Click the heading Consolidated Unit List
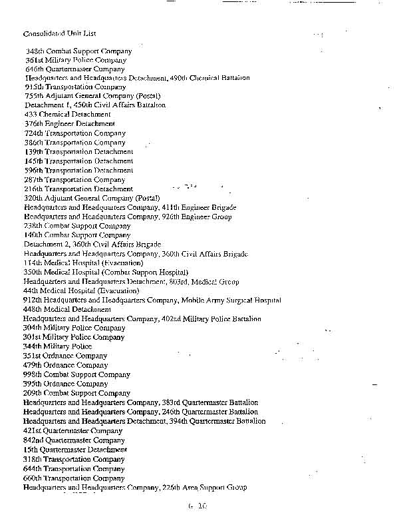click(64, 33)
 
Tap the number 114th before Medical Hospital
click(34, 263)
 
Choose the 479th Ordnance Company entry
click(65, 365)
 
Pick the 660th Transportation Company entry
click(73, 478)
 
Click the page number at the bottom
click(198, 507)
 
